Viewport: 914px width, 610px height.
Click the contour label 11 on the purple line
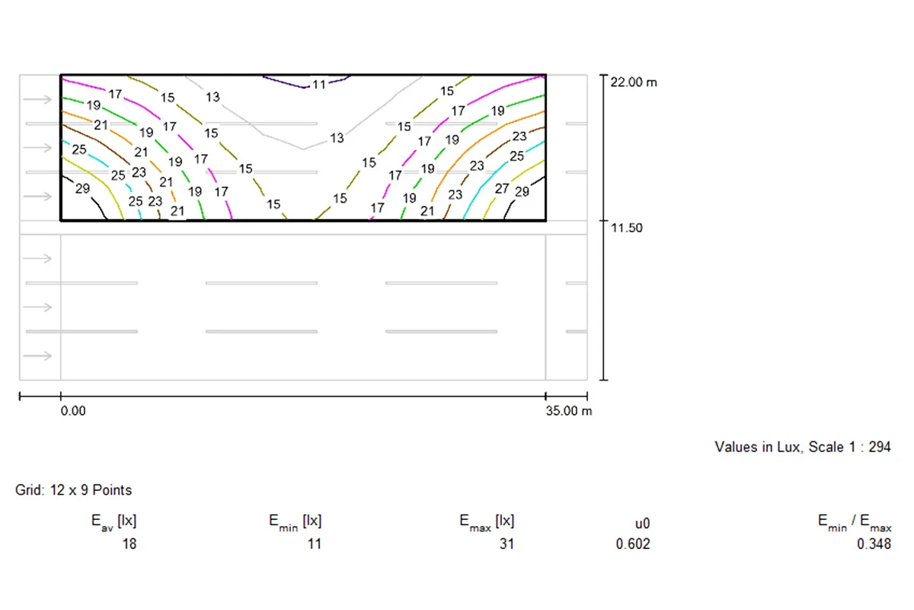318,85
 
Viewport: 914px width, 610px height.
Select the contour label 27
502,188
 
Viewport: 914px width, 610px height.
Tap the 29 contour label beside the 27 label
522,191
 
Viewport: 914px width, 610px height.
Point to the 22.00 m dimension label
634,82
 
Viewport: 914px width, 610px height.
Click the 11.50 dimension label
626,227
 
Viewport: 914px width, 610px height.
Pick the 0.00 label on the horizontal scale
73,411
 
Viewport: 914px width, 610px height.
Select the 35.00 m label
569,411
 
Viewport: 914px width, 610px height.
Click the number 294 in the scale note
879,447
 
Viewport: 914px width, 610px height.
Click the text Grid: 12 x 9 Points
73,490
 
